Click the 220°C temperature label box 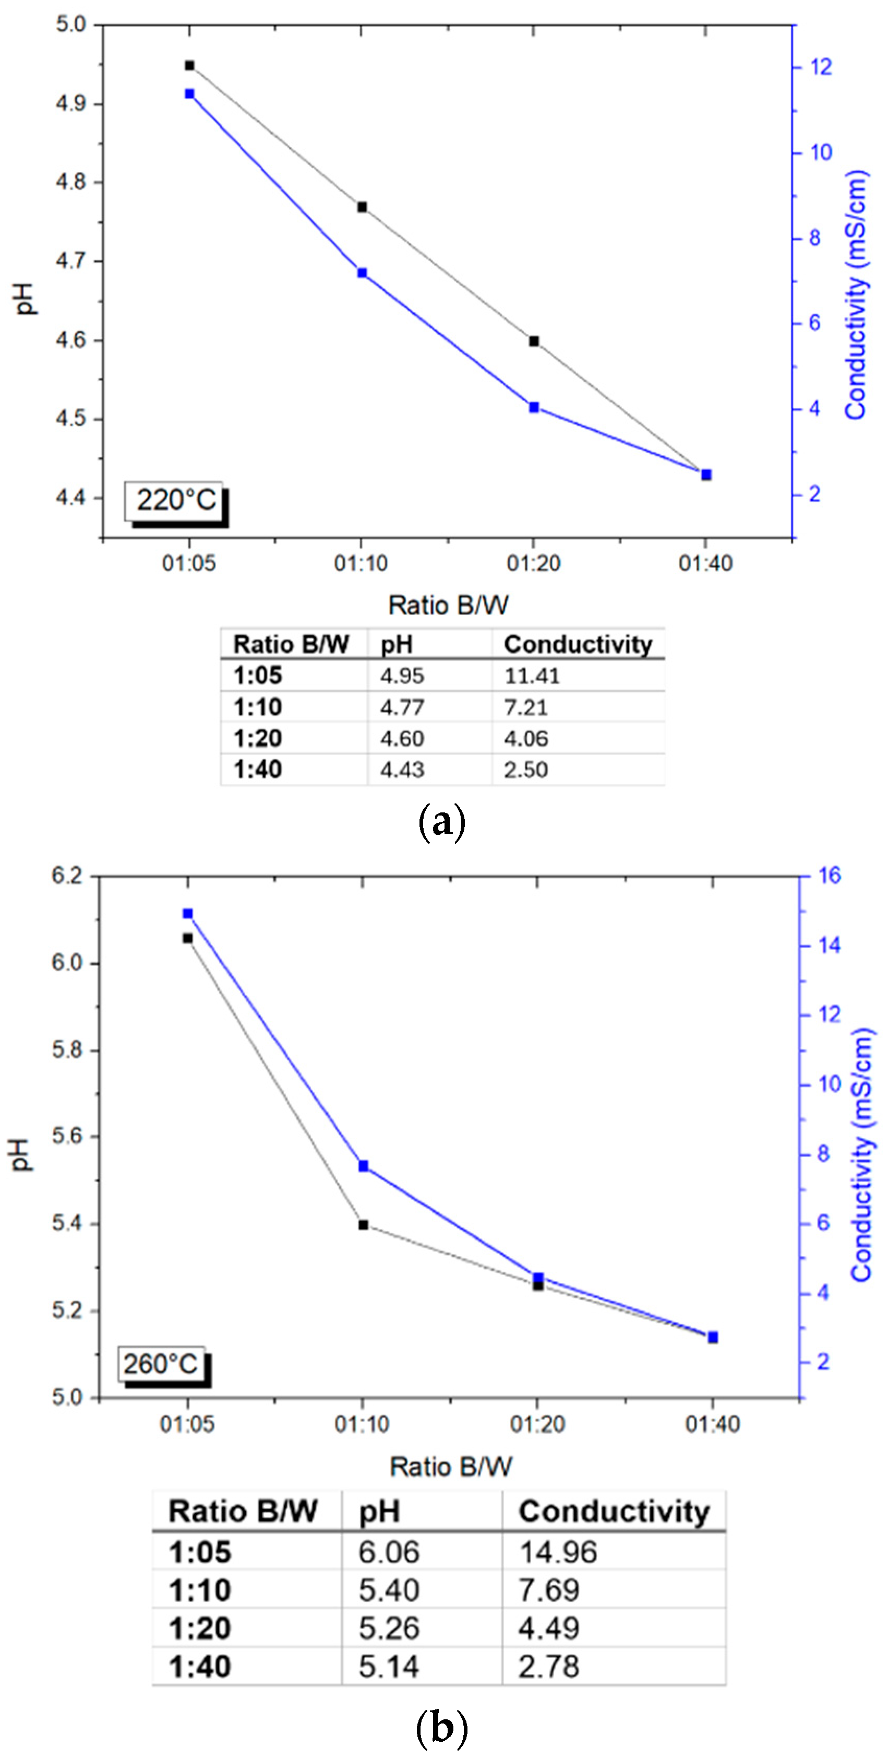[x=175, y=501]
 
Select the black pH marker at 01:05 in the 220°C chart [x=190, y=66]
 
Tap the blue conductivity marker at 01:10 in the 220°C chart [x=363, y=273]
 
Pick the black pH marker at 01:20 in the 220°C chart [x=534, y=341]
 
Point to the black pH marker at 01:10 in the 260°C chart [x=363, y=1225]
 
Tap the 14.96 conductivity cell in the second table [x=558, y=1553]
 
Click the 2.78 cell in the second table [x=549, y=1666]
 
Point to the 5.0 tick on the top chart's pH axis [x=71, y=25]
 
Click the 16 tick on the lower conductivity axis [x=829, y=876]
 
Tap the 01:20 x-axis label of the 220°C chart [x=534, y=564]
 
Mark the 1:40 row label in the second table [x=200, y=1667]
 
